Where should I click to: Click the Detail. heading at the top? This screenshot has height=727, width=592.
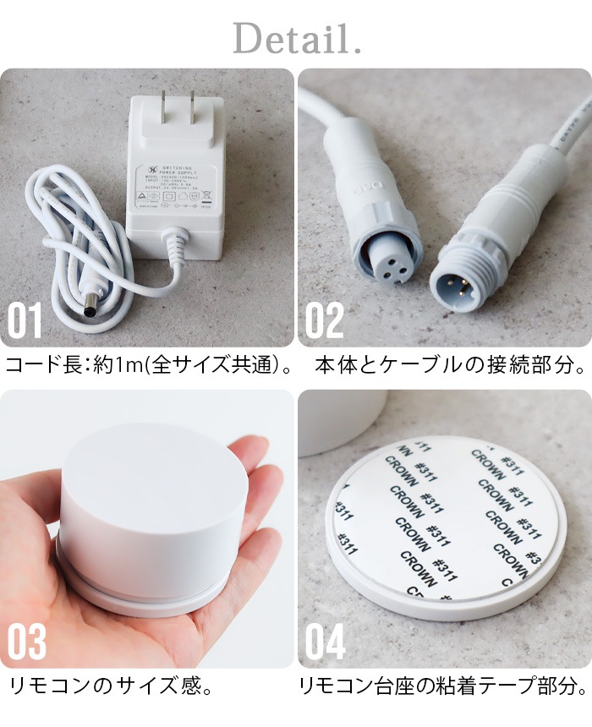tap(297, 39)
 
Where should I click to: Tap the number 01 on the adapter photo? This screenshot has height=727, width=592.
tap(25, 321)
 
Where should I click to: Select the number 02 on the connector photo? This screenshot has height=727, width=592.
tap(324, 321)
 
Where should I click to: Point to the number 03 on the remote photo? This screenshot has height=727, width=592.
tap(27, 642)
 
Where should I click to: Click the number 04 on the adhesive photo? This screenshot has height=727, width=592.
tap(326, 642)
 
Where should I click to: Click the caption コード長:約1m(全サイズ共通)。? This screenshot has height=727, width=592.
tap(149, 366)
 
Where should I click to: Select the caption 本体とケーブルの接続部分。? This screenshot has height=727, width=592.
tap(450, 366)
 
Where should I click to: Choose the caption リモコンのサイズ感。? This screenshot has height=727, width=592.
tap(110, 686)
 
